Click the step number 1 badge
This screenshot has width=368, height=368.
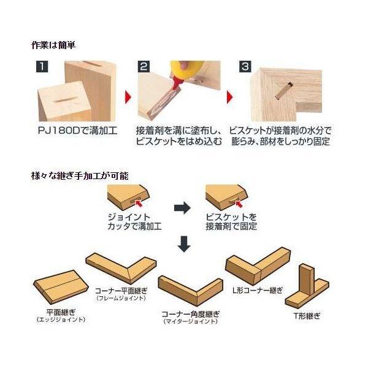coord(42,66)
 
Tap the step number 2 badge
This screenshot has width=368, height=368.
coord(144,66)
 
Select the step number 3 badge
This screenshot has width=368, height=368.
coord(245,66)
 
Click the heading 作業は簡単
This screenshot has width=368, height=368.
coord(53,45)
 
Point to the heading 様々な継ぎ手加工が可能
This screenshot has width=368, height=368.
coord(80,175)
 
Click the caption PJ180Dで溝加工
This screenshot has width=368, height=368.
coord(77,131)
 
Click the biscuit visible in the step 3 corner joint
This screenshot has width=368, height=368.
coord(283,90)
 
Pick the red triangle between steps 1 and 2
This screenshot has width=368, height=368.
coord(128,97)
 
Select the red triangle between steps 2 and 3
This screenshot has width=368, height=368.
coord(229,97)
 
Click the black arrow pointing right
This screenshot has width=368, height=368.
coord(182,207)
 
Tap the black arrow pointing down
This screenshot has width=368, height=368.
coord(184,244)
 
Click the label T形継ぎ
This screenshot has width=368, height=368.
coord(307,316)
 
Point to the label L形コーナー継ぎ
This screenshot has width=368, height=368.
coord(258,291)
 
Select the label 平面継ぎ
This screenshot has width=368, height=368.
coord(61,312)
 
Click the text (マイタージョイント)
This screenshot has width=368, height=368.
coord(191,321)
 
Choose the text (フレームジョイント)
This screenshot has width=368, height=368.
coord(121,298)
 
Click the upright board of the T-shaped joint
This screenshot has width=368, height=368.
coord(306,280)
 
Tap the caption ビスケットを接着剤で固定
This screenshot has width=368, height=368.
coord(231,221)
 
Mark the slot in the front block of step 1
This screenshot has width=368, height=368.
coord(66,100)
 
